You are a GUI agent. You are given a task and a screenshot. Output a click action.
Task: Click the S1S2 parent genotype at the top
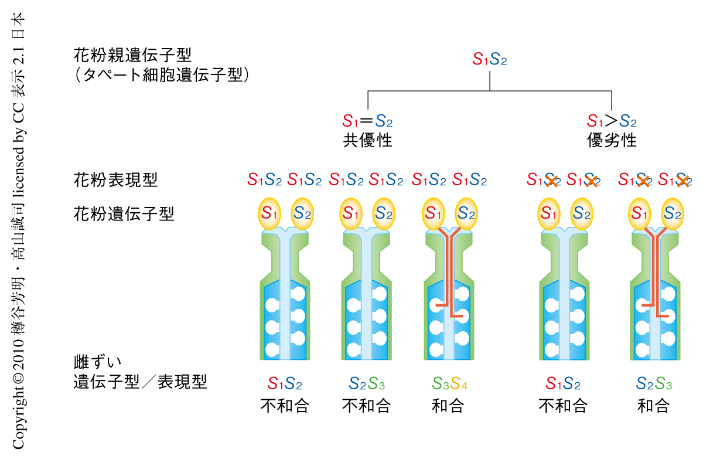[490, 59]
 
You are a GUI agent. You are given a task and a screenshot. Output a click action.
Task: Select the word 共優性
[367, 141]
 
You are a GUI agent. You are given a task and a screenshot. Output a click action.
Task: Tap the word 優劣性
[612, 141]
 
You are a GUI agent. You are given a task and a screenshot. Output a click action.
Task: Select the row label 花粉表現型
[115, 179]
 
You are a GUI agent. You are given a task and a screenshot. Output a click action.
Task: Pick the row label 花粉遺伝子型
[124, 213]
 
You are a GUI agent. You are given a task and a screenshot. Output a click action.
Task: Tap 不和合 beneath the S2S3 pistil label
[366, 405]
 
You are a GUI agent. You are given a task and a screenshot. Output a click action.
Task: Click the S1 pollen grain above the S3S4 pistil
[434, 215]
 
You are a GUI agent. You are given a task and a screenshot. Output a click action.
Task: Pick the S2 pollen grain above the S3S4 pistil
[466, 215]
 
